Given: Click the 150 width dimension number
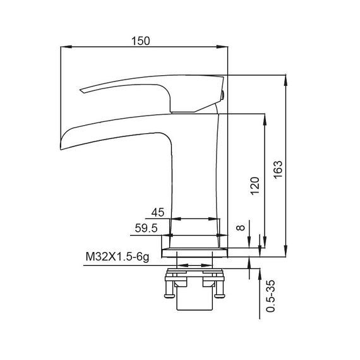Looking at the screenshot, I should tap(140, 40).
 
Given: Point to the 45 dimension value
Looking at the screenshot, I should tap(159, 212).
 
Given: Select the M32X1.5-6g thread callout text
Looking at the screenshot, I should tap(117, 256).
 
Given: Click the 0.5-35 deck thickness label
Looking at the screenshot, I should tap(270, 296).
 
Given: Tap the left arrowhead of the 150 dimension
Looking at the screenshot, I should tap(64, 47).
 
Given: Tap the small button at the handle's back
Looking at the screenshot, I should tap(223, 95).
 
